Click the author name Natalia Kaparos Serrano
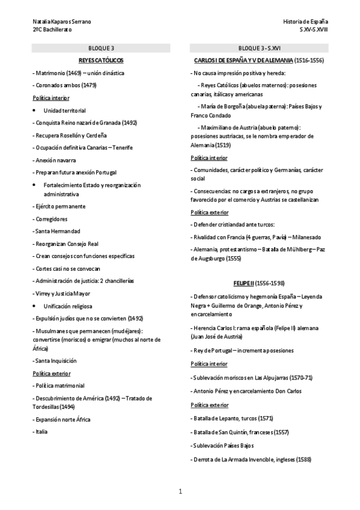point(62,22)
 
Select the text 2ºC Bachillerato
point(52,29)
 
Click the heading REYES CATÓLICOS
point(101,60)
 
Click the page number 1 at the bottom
point(180,492)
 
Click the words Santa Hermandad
point(58,231)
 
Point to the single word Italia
point(41,431)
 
